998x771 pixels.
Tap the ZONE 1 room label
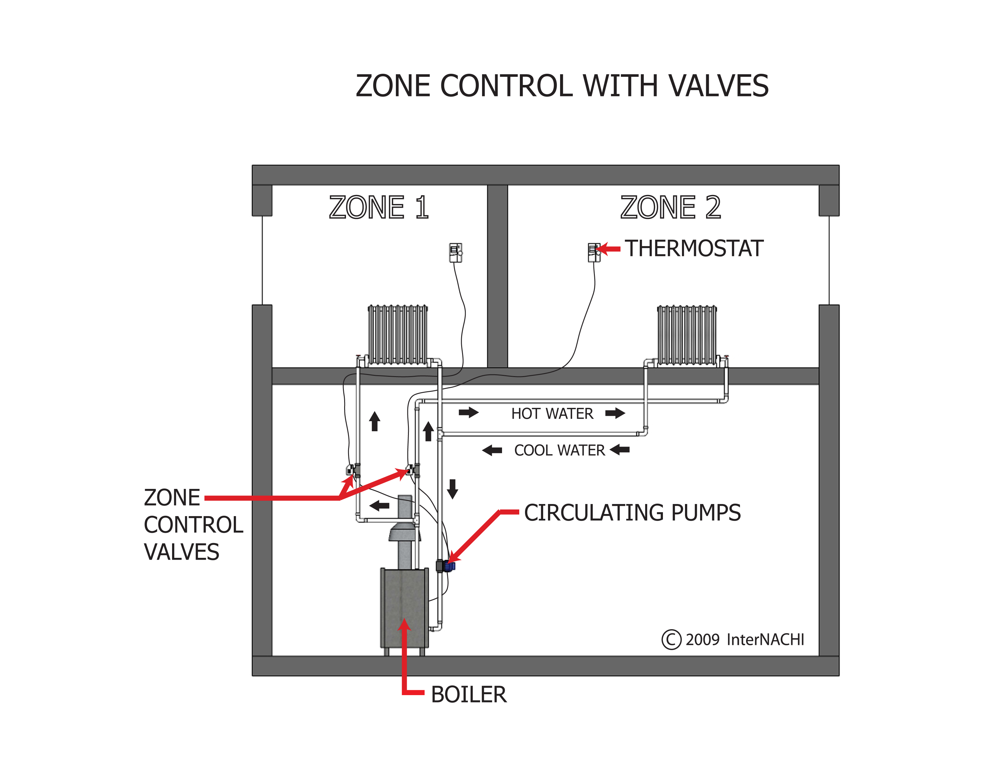click(x=379, y=208)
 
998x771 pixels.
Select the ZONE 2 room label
click(x=670, y=208)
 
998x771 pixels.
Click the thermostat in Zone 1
click(x=455, y=252)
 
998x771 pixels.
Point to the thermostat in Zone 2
click(x=594, y=252)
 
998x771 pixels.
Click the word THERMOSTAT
click(x=694, y=249)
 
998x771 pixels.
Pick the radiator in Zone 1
click(x=398, y=335)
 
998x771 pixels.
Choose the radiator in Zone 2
click(x=687, y=335)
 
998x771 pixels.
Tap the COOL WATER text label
click(x=559, y=451)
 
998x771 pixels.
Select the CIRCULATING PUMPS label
click(x=632, y=513)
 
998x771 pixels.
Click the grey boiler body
click(x=404, y=607)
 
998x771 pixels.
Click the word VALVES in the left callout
click(x=181, y=552)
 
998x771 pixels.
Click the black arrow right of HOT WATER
click(x=615, y=413)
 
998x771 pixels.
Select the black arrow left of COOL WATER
click(x=492, y=451)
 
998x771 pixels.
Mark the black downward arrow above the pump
click(x=452, y=489)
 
